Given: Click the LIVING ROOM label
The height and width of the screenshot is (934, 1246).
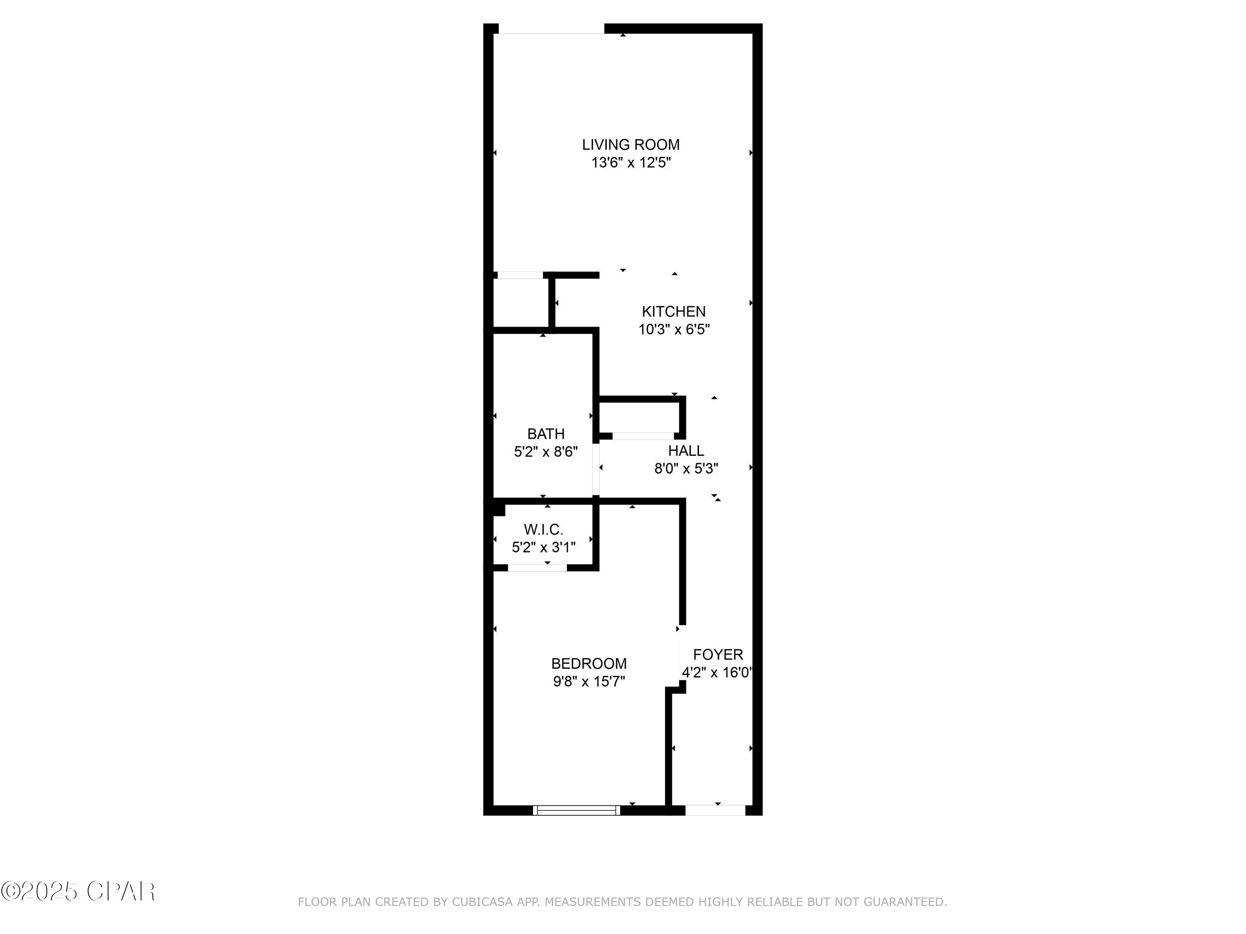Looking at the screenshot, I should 630,145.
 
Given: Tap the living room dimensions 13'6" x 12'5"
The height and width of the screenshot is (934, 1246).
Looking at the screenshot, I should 630,163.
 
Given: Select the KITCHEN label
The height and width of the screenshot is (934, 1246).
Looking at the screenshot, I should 673,311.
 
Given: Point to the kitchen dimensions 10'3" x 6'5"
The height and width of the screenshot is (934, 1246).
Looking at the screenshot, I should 673,329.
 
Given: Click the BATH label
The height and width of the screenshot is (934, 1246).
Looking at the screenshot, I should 545,433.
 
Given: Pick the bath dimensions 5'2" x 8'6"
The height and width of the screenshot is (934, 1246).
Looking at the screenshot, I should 545,452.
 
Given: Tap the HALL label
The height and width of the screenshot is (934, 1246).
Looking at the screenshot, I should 686,450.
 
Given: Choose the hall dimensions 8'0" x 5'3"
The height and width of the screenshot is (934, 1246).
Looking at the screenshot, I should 686,468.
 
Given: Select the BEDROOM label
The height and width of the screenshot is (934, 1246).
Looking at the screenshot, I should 589,663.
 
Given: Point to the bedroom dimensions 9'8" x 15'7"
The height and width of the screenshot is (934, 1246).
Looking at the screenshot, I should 589,681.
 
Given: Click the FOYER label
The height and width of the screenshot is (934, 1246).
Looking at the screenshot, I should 718,654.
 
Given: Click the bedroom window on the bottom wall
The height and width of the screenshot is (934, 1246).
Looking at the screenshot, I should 576,810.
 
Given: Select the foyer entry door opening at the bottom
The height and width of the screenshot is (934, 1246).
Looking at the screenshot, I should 715,810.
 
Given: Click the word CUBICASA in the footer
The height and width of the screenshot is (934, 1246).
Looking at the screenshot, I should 482,902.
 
